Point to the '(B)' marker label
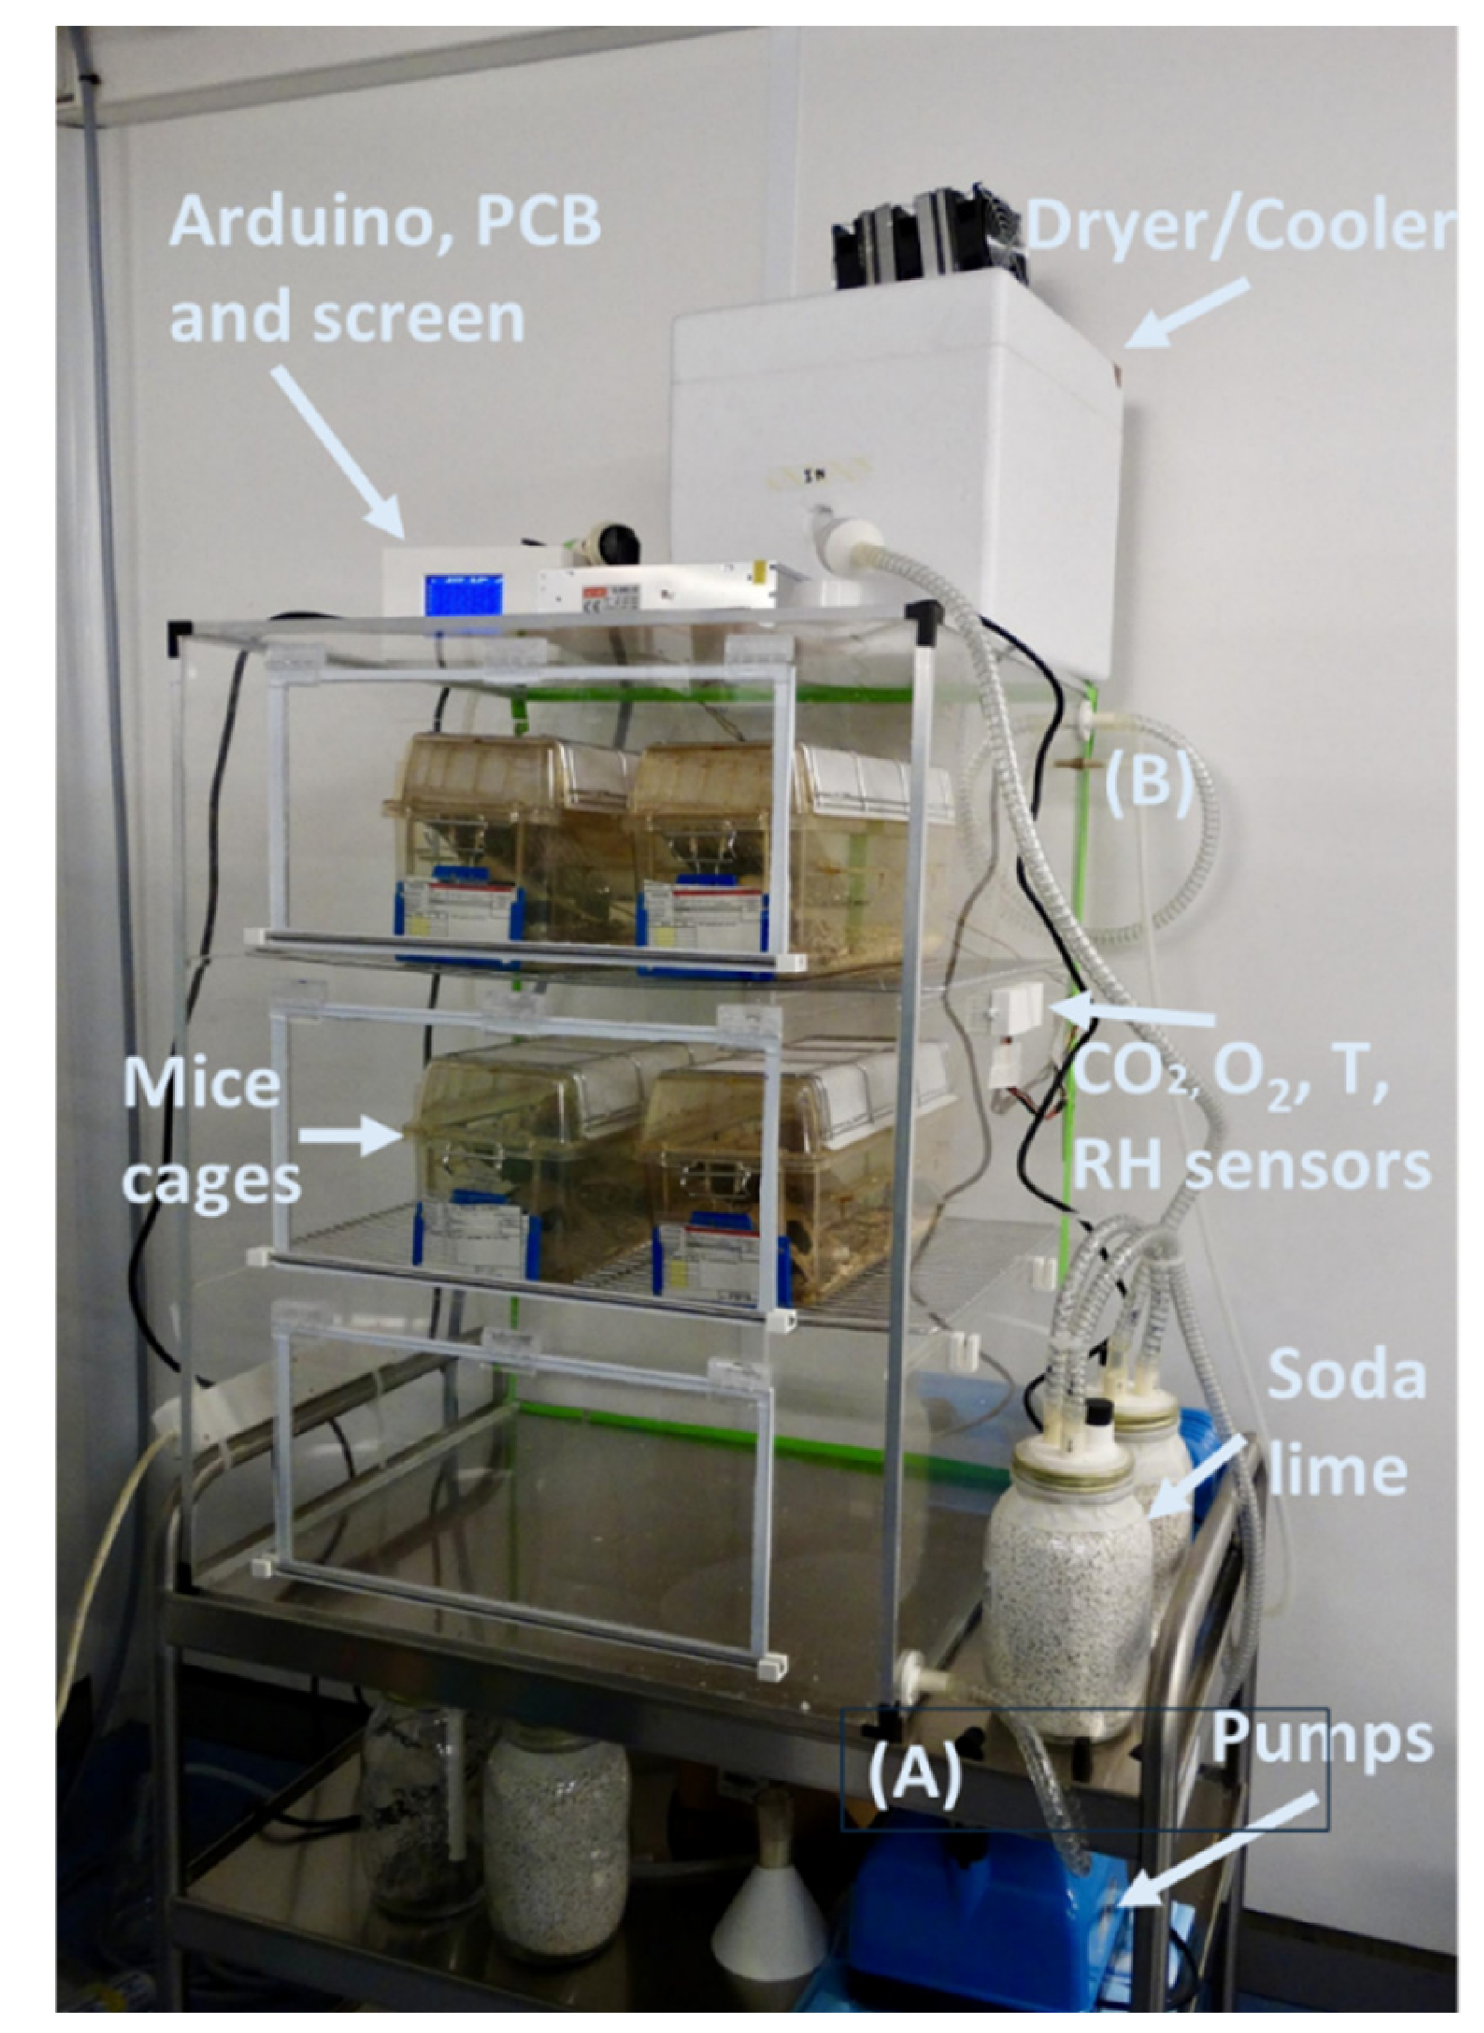click(1149, 781)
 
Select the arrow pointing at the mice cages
click(352, 1138)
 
